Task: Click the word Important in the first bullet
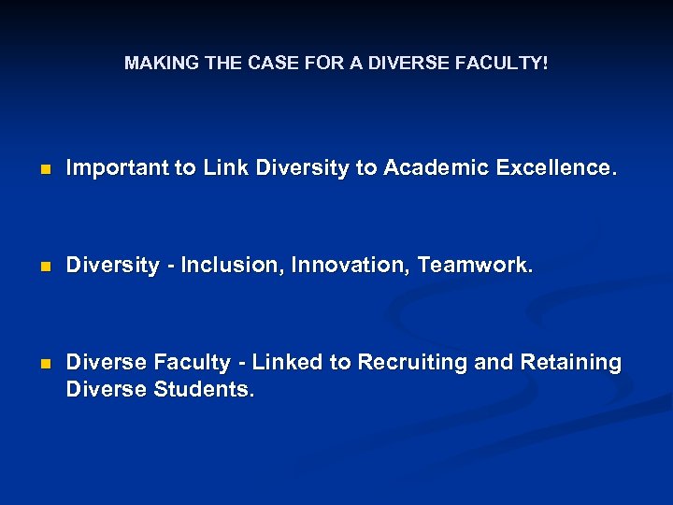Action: coord(118,168)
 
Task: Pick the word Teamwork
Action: coord(476,266)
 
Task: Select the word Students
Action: coord(207,389)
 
